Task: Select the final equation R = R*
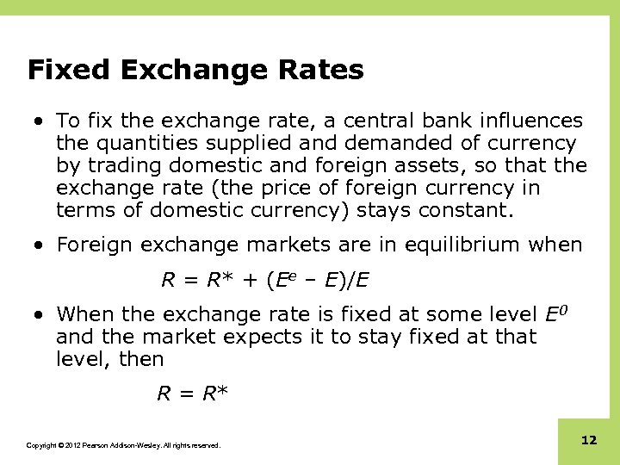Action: point(192,394)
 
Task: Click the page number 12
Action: point(589,440)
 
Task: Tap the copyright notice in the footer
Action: point(123,445)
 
